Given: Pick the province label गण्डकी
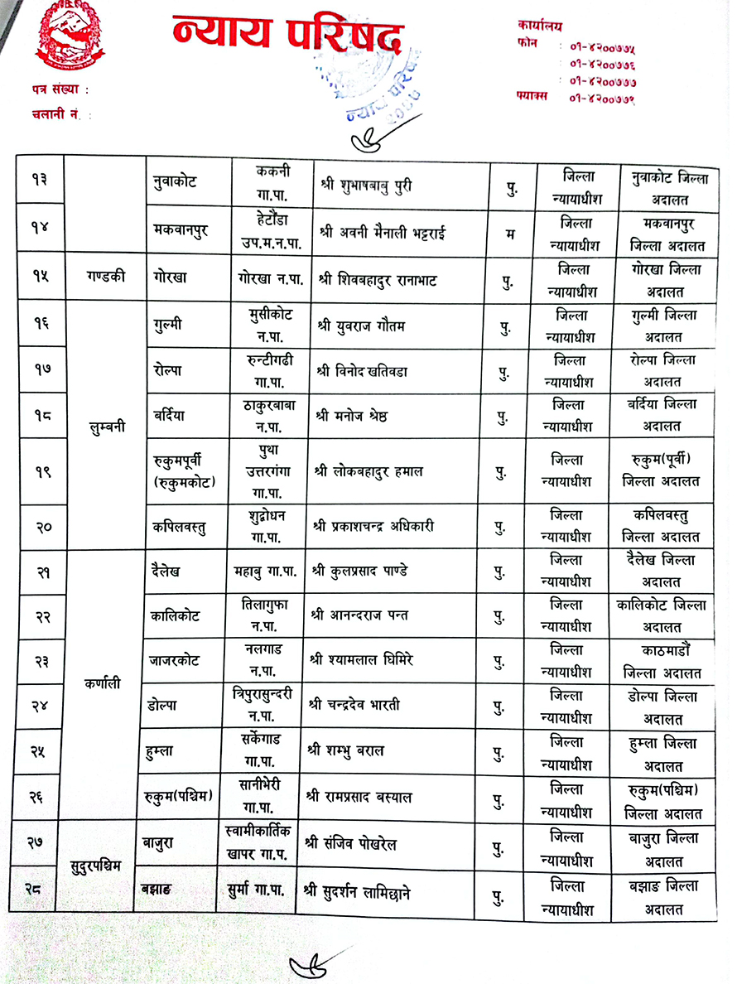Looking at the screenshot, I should point(105,277).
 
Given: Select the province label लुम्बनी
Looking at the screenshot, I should point(107,429).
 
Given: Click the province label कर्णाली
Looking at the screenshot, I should point(102,683).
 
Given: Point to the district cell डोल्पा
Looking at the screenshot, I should point(165,705).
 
